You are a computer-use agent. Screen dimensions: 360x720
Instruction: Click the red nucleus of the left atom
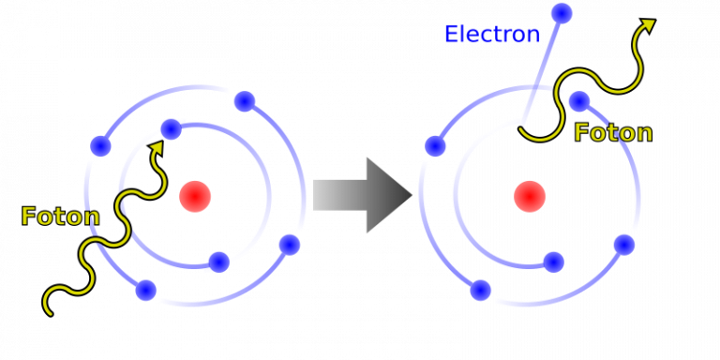point(195,197)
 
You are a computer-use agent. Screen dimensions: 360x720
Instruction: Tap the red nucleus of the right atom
point(530,197)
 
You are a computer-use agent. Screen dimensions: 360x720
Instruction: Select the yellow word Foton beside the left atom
point(60,217)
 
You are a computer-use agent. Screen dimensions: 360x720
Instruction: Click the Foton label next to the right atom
point(613,133)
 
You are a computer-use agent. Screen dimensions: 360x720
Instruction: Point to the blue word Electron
point(492,35)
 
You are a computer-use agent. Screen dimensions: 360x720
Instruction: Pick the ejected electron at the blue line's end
point(562,13)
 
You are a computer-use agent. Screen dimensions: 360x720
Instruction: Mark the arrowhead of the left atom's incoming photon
point(157,147)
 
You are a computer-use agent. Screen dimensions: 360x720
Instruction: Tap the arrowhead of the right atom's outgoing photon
point(647,25)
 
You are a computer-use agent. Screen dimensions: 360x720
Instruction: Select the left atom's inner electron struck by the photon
point(171,129)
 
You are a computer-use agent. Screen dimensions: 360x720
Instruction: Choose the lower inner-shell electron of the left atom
point(218,262)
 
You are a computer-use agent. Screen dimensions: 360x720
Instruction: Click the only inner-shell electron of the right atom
point(553,262)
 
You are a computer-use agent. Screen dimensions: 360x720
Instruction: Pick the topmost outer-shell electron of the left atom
point(245,101)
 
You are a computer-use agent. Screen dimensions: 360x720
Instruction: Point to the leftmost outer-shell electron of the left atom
point(101,146)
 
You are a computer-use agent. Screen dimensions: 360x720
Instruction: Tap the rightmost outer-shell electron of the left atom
point(290,245)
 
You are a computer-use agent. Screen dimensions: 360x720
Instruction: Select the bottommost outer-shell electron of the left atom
point(146,291)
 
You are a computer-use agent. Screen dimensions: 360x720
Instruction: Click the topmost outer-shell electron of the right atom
point(579,101)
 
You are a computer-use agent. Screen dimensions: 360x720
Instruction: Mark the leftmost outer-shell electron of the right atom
point(436,146)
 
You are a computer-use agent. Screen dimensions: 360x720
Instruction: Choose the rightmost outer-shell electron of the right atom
point(624,245)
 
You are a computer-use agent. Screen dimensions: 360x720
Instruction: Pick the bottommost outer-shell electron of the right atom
point(481,291)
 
